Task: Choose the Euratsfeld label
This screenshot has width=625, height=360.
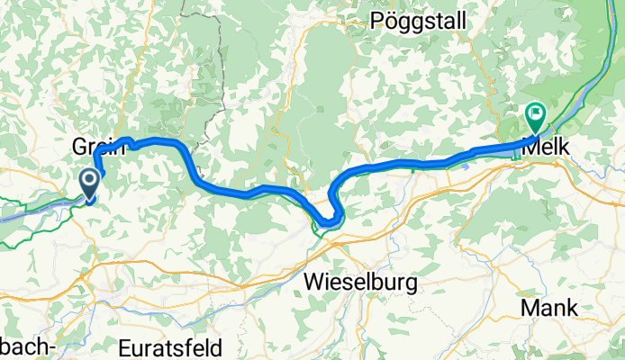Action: click(172, 346)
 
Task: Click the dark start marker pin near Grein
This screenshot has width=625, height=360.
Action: click(90, 183)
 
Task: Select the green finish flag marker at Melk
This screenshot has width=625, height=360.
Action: click(534, 114)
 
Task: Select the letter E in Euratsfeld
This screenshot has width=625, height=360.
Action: click(125, 346)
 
